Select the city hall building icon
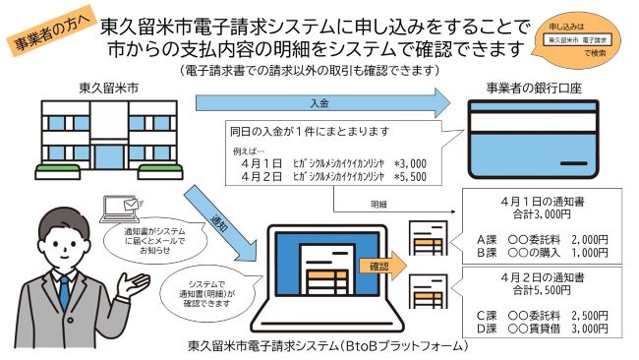pyautogui.click(x=98, y=138)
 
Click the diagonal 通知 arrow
pyautogui.click(x=224, y=211)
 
